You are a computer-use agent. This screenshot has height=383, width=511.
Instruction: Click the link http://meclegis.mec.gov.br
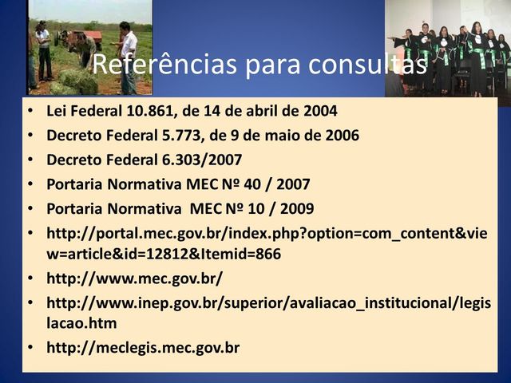pos(144,348)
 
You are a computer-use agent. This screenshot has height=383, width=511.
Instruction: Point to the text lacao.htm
pos(82,323)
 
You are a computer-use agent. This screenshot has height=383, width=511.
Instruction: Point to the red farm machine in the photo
pos(89,38)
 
